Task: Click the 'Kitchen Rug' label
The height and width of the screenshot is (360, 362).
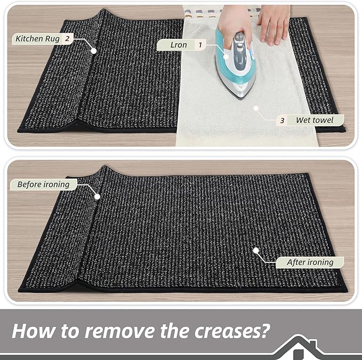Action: (x=37, y=38)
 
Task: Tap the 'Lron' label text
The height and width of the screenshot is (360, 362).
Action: (x=179, y=45)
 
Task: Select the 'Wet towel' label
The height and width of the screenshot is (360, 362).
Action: (x=315, y=121)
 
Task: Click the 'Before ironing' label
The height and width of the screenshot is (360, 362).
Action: (x=43, y=185)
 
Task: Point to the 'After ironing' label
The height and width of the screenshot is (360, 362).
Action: (x=310, y=262)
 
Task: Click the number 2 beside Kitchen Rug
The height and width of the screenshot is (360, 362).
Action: (x=67, y=38)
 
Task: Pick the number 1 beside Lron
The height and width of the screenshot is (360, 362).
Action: (x=200, y=45)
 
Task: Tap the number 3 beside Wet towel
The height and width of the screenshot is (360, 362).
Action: (x=282, y=121)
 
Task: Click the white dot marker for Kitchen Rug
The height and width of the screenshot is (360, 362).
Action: (x=94, y=51)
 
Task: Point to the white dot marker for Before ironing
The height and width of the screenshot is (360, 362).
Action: (x=98, y=196)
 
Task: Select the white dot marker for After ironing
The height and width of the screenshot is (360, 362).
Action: (x=255, y=250)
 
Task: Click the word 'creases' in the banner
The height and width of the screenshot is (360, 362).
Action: (x=223, y=331)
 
